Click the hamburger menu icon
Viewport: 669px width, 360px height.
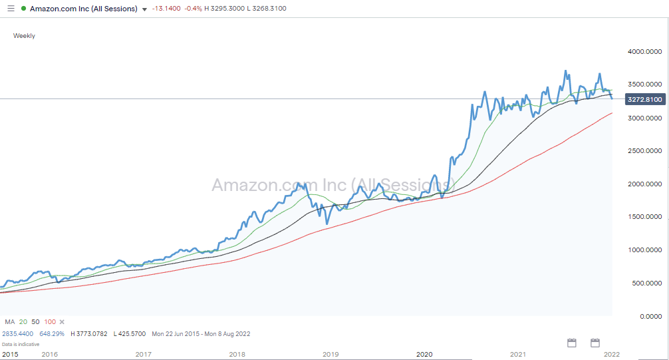pos(10,9)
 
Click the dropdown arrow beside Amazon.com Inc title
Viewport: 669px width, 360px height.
pos(145,9)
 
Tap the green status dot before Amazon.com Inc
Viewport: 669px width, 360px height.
pos(23,9)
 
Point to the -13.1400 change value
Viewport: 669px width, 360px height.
pos(166,9)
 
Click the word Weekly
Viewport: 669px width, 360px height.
pos(24,36)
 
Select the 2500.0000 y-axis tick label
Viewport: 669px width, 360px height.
pos(644,151)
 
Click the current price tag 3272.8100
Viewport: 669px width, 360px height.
pos(644,99)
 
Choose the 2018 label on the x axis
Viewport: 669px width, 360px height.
pos(237,355)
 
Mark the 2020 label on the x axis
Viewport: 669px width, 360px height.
pos(424,355)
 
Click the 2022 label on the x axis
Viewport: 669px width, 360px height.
pos(612,355)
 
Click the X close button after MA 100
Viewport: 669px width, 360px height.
pos(62,321)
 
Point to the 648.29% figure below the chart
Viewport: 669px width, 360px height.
pos(53,333)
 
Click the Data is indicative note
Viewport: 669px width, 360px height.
pos(20,344)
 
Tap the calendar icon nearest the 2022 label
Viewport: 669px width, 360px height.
pos(595,343)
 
